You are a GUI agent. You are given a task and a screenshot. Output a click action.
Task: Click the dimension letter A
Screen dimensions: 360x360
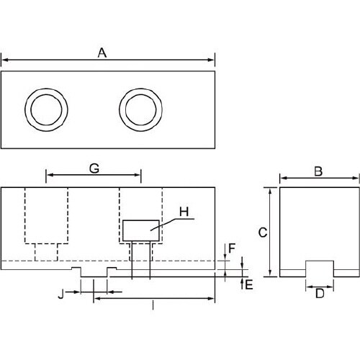102,53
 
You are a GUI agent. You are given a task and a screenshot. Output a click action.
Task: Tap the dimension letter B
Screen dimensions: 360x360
318,171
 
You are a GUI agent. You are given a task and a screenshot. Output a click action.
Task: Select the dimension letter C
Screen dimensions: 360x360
263,233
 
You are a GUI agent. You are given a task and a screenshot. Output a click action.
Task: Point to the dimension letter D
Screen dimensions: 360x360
320,293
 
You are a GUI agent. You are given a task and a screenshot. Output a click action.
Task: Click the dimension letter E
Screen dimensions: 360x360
249,285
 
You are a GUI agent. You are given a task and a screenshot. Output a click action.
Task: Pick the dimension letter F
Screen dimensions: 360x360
232,248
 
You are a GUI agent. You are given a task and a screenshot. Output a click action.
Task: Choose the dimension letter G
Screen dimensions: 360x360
94,168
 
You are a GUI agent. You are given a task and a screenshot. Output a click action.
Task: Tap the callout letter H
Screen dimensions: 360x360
184,212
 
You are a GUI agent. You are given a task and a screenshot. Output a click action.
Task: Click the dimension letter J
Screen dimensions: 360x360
61,294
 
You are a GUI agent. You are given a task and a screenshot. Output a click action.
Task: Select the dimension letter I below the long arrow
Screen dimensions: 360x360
153,305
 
